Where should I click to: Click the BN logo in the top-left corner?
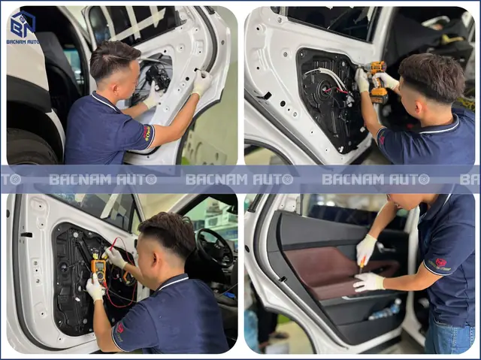(x=23, y=24)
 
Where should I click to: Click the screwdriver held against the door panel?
(x=362, y=265)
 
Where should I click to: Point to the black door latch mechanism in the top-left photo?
(x=157, y=78)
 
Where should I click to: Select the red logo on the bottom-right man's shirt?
(x=441, y=262)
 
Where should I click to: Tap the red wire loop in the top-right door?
(x=336, y=89)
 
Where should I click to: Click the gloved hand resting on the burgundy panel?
(x=368, y=282)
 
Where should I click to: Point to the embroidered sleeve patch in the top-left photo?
(x=147, y=133)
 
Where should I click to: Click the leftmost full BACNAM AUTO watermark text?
(x=103, y=180)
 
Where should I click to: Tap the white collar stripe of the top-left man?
(x=105, y=102)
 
